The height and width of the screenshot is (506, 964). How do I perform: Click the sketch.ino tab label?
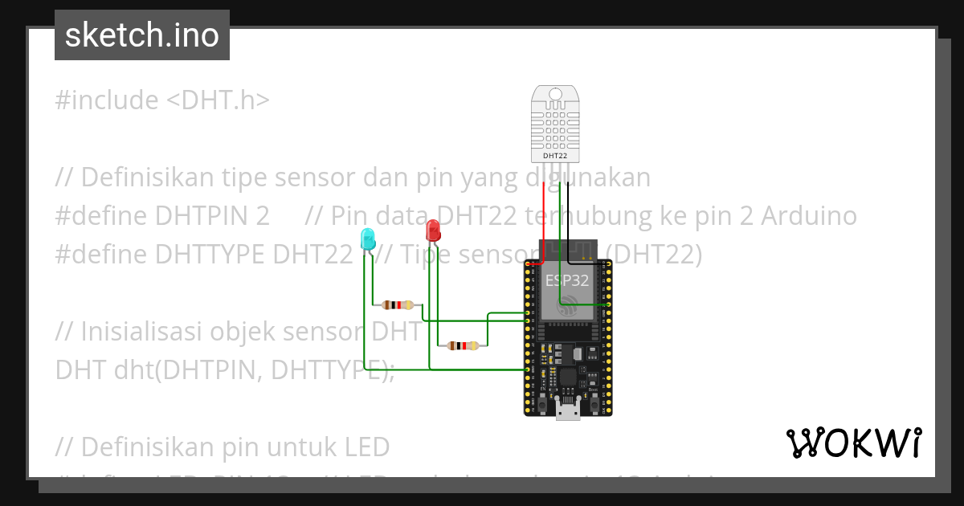tap(141, 35)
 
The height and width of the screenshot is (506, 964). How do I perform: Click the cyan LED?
tap(368, 239)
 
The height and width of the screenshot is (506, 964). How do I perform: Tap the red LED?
tap(433, 231)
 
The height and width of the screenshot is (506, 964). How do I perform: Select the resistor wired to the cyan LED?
tap(398, 305)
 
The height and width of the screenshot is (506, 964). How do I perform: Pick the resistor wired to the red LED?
tap(462, 345)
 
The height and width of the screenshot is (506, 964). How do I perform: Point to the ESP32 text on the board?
tap(567, 280)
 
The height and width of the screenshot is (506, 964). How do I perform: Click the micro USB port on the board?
tap(568, 410)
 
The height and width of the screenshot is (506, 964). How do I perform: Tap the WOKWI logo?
tap(853, 443)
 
